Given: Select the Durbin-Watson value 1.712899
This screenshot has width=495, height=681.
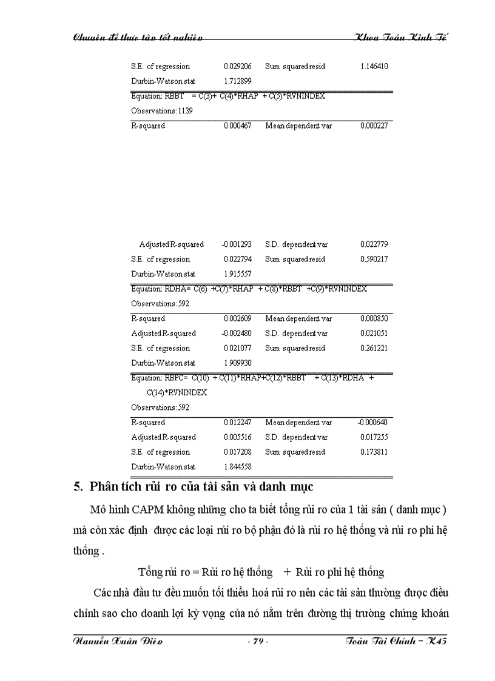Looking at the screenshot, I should click(237, 81).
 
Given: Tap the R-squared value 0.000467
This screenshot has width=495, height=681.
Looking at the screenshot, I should click(237, 126).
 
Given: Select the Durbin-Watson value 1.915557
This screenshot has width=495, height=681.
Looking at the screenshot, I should click(237, 274).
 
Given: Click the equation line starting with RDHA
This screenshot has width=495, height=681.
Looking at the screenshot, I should click(249, 289).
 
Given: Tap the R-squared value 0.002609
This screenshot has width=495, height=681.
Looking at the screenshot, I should click(237, 319).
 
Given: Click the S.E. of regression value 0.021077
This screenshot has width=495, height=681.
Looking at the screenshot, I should click(237, 349).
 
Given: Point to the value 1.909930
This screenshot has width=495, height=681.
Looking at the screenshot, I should click(237, 363).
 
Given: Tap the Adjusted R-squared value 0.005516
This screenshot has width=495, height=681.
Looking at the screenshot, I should click(237, 437).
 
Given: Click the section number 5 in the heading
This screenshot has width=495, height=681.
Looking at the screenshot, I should click(77, 487).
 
